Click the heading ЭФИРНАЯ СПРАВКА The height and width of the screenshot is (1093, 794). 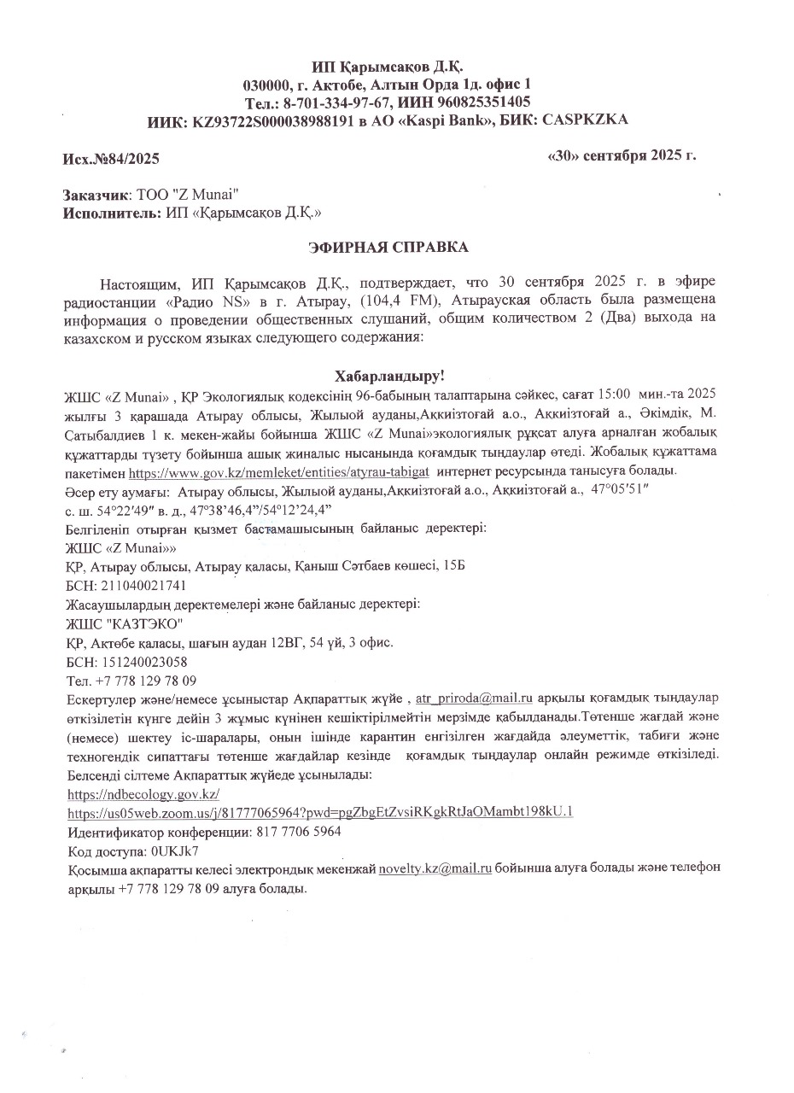pos(388,247)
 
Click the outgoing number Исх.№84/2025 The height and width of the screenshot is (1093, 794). pos(111,158)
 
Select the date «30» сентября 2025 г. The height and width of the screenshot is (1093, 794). pos(621,155)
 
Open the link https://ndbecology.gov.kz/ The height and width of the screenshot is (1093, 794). pos(143,794)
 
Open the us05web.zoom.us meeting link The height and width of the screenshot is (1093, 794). pos(319,811)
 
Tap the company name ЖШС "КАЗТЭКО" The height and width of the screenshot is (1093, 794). pos(119,623)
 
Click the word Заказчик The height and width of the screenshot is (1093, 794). pos(96,195)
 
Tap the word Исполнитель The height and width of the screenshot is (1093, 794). pos(108,213)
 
